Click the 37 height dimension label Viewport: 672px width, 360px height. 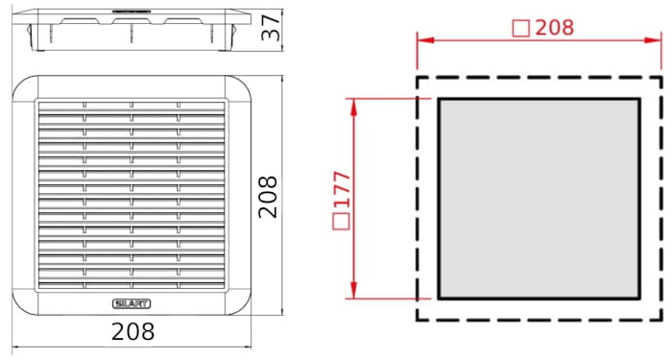pyautogui.click(x=271, y=28)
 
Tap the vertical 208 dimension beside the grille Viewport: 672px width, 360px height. pyautogui.click(x=268, y=197)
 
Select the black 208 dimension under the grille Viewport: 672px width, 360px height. pyautogui.click(x=132, y=331)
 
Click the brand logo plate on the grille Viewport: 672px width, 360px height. pyautogui.click(x=132, y=304)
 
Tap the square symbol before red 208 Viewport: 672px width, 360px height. pyautogui.click(x=521, y=29)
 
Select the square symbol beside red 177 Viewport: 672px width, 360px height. pyautogui.click(x=341, y=222)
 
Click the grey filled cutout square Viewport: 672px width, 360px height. pyautogui.click(x=540, y=199)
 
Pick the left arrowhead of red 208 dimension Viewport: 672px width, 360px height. pyautogui.click(x=424, y=40)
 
